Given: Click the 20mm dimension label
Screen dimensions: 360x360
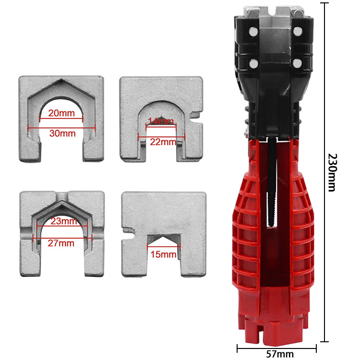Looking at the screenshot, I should (62, 113).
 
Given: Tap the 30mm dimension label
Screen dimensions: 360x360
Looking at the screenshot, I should (62, 133).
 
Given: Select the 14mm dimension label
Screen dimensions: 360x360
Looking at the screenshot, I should (161, 122).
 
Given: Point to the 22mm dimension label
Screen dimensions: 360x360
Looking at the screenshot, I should (161, 142).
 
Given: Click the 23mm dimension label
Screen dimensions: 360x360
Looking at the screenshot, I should (62, 222).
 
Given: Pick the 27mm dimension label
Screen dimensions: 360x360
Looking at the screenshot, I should (61, 243).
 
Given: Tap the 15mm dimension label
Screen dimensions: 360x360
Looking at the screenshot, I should (164, 254).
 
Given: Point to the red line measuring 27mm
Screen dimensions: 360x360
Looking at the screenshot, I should (43, 237).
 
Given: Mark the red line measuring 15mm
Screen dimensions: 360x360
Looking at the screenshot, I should (164, 248).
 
